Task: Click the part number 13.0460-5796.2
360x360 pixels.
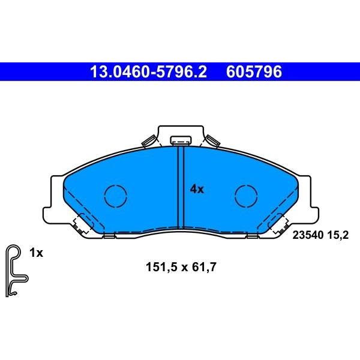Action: tap(149, 71)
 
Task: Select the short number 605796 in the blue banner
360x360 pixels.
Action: tap(254, 71)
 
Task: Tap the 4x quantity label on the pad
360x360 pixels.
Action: tap(197, 190)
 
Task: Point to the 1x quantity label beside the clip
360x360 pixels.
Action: tap(36, 253)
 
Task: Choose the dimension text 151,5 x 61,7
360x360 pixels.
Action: tap(181, 267)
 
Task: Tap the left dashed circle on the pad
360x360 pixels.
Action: tap(115, 196)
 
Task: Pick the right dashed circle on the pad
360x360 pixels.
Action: tap(246, 196)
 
